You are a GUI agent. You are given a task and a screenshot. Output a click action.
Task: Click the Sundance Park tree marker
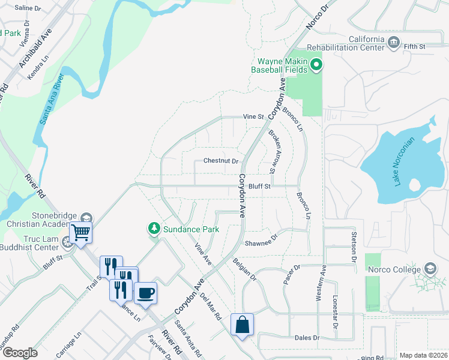[154, 229]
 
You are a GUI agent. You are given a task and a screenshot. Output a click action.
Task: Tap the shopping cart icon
[81, 233]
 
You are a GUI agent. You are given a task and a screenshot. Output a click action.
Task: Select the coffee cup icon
[145, 293]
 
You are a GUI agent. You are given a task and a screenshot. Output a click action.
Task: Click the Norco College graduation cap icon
[430, 268]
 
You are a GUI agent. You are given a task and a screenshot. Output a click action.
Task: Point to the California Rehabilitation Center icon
[393, 42]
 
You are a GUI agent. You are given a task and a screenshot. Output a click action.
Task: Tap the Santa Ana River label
[52, 99]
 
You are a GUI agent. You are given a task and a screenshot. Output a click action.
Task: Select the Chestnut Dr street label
[221, 161]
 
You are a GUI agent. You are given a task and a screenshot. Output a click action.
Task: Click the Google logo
[19, 353]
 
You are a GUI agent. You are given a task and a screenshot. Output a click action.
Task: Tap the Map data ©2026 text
[423, 355]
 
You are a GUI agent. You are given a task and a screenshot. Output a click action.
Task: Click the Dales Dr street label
[307, 338]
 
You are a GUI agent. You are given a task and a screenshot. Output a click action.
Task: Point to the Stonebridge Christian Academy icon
[86, 218]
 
